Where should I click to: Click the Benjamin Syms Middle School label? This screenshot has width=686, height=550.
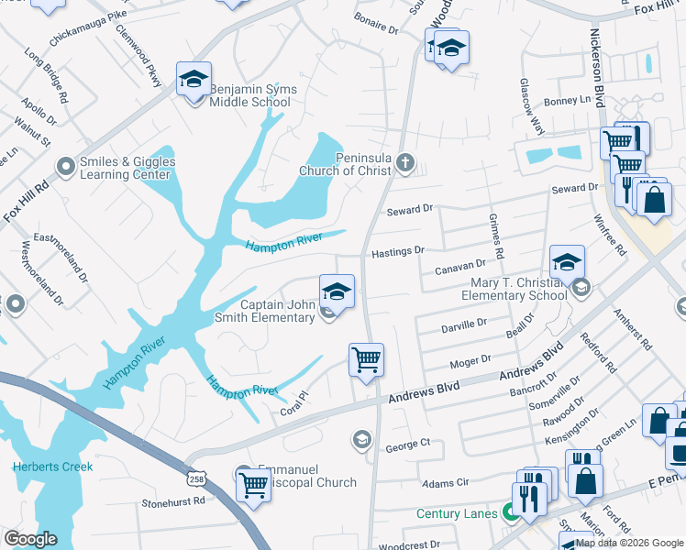250,95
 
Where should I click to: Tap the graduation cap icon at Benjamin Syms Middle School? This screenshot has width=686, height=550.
194,81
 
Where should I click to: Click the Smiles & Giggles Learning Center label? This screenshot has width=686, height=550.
127,168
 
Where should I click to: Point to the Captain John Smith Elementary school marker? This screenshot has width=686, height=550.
337,293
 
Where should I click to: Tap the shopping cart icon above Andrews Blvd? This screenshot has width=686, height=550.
366,359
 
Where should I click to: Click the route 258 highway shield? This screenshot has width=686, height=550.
203,478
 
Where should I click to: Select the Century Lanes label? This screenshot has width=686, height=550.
459,514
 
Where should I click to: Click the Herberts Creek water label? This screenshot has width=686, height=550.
52,467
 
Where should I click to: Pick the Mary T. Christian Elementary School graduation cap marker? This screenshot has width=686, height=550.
567,262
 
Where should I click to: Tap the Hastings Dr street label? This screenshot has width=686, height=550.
398,250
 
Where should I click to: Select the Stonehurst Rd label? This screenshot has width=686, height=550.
172,502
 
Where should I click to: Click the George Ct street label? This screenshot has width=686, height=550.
407,445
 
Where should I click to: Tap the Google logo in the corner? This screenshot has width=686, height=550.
30,539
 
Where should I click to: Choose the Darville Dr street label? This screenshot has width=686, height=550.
463,324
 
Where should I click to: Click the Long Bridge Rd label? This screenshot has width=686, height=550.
46,76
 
